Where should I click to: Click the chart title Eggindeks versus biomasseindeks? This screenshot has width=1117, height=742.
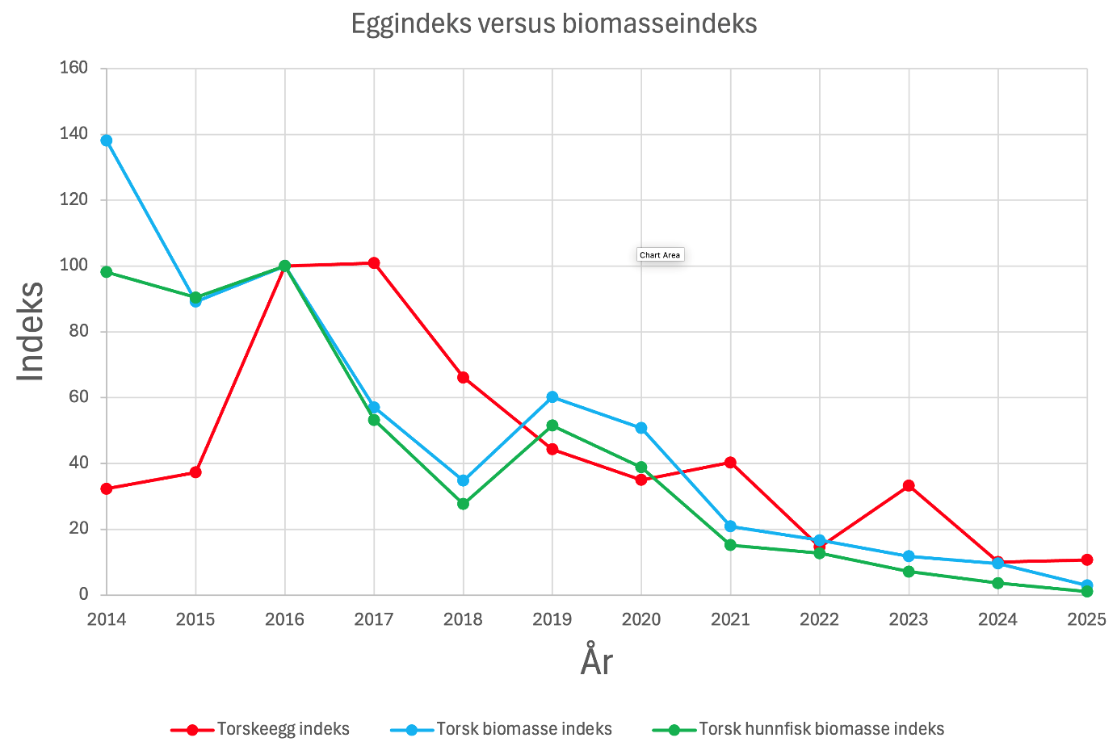click(554, 24)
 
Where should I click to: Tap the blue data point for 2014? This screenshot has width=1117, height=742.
click(107, 140)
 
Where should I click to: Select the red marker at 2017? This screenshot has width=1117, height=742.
click(374, 263)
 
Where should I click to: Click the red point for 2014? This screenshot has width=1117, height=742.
click(107, 488)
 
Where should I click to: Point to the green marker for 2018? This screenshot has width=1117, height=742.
click(463, 504)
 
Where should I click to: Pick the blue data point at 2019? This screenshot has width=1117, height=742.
click(552, 397)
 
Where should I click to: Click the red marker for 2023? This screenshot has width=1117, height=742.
click(909, 485)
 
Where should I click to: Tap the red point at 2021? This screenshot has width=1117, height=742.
click(730, 463)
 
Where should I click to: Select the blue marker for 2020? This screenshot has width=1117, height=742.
click(641, 428)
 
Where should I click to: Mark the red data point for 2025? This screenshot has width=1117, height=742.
click(1087, 560)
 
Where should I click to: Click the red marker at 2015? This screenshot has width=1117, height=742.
click(195, 472)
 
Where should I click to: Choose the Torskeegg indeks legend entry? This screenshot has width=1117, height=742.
click(261, 729)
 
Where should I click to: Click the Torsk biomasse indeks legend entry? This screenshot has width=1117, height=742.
click(502, 729)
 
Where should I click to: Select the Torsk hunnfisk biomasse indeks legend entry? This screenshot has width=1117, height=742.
click(799, 729)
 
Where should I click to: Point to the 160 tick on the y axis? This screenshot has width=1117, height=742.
click(73, 68)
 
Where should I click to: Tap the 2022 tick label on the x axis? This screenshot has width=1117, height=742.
click(820, 619)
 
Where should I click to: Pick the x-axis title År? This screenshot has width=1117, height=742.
click(597, 662)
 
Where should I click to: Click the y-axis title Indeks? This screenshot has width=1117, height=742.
click(31, 331)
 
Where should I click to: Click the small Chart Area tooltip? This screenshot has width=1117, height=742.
click(660, 255)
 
